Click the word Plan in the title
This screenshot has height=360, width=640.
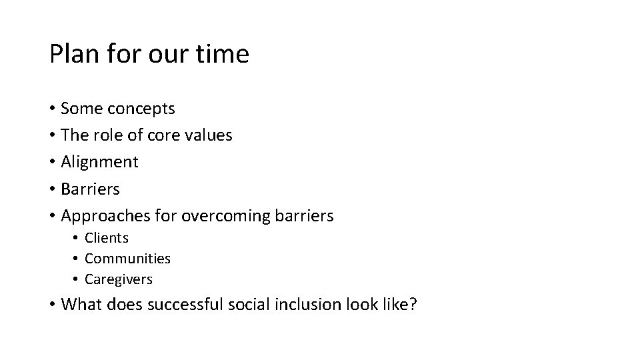point(70,54)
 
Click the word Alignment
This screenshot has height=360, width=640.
point(99,162)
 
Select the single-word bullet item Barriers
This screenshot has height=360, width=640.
point(90,189)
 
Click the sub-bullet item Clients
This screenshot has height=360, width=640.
point(107,238)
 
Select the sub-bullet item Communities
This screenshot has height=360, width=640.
point(127,259)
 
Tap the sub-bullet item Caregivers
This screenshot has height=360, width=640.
point(119,279)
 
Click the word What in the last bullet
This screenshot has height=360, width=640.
point(79,305)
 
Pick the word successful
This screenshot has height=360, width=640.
point(185,305)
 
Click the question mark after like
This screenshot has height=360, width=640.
point(413,305)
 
